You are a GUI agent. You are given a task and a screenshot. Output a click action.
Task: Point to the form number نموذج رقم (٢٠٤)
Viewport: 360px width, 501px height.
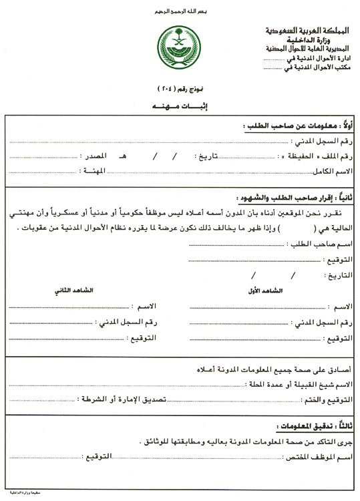(179, 88)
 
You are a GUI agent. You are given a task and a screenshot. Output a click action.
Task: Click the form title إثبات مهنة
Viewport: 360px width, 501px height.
(179, 107)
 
